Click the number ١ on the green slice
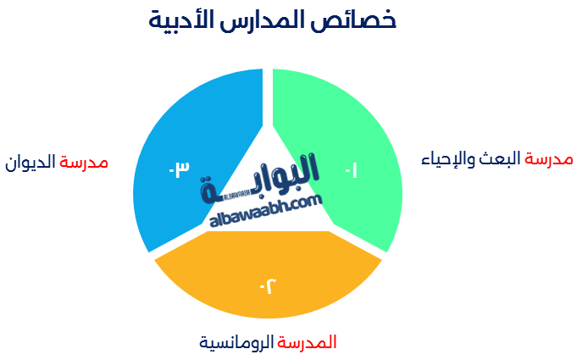pyautogui.click(x=352, y=170)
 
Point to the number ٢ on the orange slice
pyautogui.click(x=268, y=285)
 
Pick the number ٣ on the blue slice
pyautogui.click(x=180, y=169)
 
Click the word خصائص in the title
pyautogui.click(x=353, y=19)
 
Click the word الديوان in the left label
pyautogui.click(x=30, y=163)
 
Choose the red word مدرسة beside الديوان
pyautogui.click(x=84, y=163)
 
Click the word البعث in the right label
pyautogui.click(x=499, y=159)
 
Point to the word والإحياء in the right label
pyautogui.click(x=448, y=159)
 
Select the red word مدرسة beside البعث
pyautogui.click(x=549, y=159)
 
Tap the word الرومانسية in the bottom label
pyautogui.click(x=236, y=342)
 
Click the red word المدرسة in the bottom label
pyautogui.click(x=307, y=342)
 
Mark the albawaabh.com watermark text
pyautogui.click(x=266, y=210)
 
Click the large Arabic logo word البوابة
pyautogui.click(x=260, y=179)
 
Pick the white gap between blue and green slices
pyautogui.click(x=268, y=97)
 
